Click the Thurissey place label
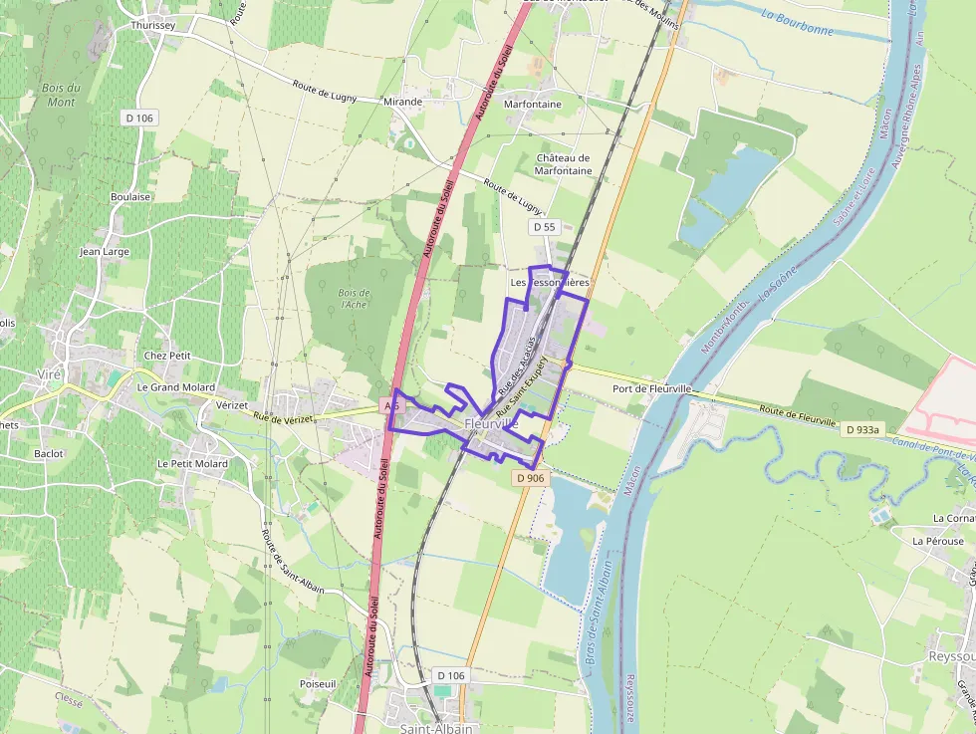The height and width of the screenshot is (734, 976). pyautogui.click(x=152, y=26)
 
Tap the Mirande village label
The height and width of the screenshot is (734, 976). pyautogui.click(x=402, y=102)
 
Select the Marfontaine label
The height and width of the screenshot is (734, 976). pyautogui.click(x=533, y=104)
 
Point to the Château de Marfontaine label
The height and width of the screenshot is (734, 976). pyautogui.click(x=564, y=164)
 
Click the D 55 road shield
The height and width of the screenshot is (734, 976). pyautogui.click(x=544, y=227)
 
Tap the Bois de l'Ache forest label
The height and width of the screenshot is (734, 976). pyautogui.click(x=354, y=299)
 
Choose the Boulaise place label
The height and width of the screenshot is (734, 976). pyautogui.click(x=130, y=197)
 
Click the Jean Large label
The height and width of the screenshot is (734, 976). pyautogui.click(x=105, y=252)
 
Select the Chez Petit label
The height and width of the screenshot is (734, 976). pyautogui.click(x=167, y=356)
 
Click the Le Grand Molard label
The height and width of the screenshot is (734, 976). pyautogui.click(x=175, y=387)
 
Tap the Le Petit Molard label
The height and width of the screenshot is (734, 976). pyautogui.click(x=192, y=464)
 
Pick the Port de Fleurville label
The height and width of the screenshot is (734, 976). pyautogui.click(x=652, y=388)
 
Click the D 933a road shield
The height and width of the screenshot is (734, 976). pyautogui.click(x=861, y=430)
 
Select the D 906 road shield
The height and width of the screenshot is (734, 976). pyautogui.click(x=531, y=479)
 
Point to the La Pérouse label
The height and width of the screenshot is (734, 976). pyautogui.click(x=938, y=541)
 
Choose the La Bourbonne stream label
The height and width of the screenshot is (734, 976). pyautogui.click(x=796, y=22)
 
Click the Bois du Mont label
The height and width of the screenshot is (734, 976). pyautogui.click(x=61, y=95)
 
